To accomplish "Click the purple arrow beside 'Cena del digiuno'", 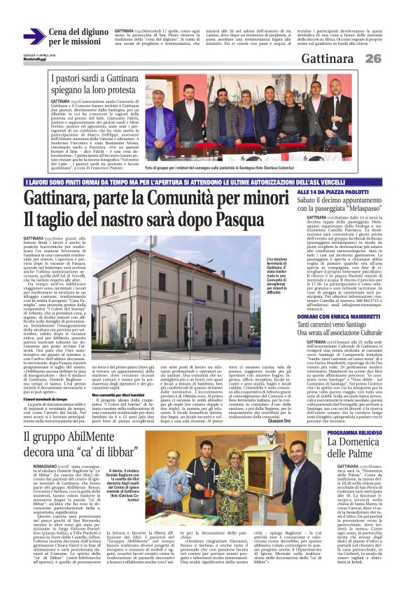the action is (34, 37).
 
